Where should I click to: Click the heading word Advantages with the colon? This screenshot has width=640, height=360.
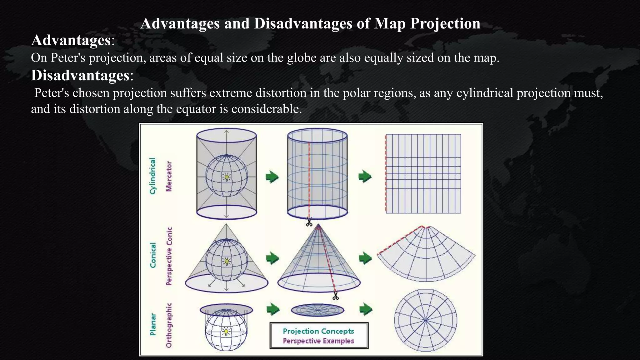(73, 41)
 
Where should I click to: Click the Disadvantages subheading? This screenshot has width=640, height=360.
(82, 76)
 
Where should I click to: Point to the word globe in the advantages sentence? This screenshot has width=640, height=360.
(301, 58)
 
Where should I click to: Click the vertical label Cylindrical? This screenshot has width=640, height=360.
(152, 176)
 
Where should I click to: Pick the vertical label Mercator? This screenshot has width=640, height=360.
(169, 176)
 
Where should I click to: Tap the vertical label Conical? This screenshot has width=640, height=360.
(153, 255)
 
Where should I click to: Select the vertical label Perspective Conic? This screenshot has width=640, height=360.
(169, 256)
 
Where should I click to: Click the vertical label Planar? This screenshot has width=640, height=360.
(153, 324)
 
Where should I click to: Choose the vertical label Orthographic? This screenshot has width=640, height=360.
(169, 325)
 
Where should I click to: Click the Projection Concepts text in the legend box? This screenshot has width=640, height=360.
(318, 331)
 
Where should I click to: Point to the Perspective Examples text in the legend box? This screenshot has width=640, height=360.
(318, 341)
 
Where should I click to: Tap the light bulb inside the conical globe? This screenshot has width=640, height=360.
(227, 261)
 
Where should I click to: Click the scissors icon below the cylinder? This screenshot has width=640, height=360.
(309, 222)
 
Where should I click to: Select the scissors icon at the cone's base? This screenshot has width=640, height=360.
(335, 296)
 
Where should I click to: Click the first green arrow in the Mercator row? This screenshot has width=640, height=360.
(272, 177)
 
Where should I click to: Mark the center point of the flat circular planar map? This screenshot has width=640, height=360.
(425, 320)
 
